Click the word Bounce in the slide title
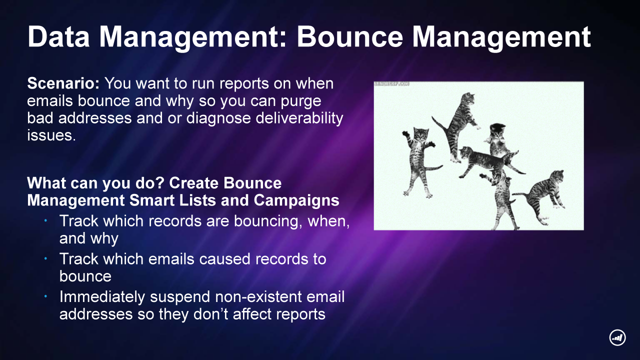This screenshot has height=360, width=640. click(350, 37)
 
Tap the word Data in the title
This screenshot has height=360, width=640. click(58, 37)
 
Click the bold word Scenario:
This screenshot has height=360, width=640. click(63, 83)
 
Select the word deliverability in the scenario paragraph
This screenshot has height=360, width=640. click(299, 118)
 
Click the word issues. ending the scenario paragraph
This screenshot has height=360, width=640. click(51, 135)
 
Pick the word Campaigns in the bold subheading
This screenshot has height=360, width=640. click(296, 200)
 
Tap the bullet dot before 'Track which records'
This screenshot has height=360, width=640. click(45, 220)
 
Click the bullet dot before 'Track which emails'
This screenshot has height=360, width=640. click(45, 258)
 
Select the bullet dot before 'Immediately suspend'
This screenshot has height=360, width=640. click(45, 296)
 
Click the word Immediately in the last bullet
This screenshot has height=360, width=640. click(102, 297)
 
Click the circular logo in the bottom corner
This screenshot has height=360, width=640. click(617, 337)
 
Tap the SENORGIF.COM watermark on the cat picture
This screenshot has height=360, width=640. click(391, 84)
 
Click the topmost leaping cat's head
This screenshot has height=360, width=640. click(468, 98)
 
